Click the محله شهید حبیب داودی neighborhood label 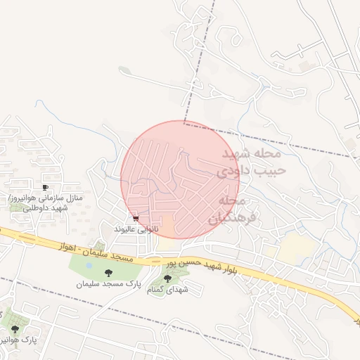tap(250, 162)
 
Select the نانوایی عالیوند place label tap(137, 229)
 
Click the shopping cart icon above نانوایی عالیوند tap(136, 219)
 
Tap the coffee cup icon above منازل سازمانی tap(46, 188)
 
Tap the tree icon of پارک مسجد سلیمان tap(108, 273)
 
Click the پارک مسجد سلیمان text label tap(109, 284)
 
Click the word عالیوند tap(127, 229)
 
